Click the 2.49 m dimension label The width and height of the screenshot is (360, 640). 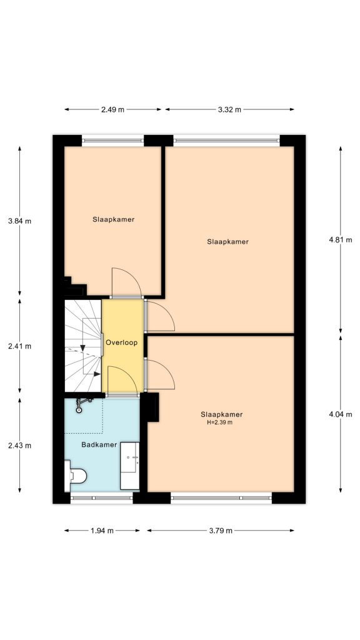click(x=112, y=109)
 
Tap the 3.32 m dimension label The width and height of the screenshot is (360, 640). click(x=229, y=109)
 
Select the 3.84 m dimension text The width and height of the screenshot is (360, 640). click(x=19, y=221)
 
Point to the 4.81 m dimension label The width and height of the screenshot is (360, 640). click(x=341, y=240)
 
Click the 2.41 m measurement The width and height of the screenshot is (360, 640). click(x=19, y=346)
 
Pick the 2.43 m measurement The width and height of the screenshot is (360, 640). click(x=19, y=446)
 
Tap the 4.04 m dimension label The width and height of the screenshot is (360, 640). click(x=341, y=413)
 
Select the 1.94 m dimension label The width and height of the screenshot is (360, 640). click(x=102, y=531)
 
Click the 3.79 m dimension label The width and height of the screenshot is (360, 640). click(x=220, y=531)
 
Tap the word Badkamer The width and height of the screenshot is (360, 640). click(x=99, y=444)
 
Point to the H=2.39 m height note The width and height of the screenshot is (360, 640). click(x=219, y=422)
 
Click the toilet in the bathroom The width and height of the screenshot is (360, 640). click(x=75, y=476)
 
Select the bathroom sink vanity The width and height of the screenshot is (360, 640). click(x=130, y=466)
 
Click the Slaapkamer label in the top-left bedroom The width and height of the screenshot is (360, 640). click(x=114, y=219)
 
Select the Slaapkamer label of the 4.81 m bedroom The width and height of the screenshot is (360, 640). click(x=228, y=241)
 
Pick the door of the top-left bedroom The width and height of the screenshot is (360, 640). click(x=126, y=281)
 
